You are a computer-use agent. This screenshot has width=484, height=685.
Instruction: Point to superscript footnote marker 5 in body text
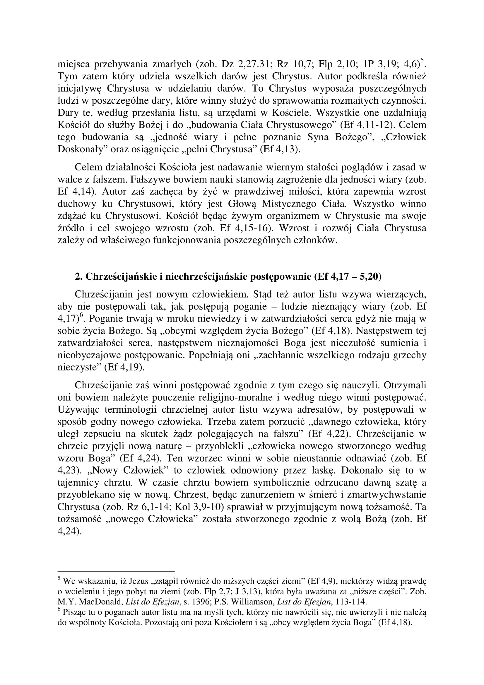[422, 61]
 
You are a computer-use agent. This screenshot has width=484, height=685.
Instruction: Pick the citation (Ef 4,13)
[280, 149]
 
